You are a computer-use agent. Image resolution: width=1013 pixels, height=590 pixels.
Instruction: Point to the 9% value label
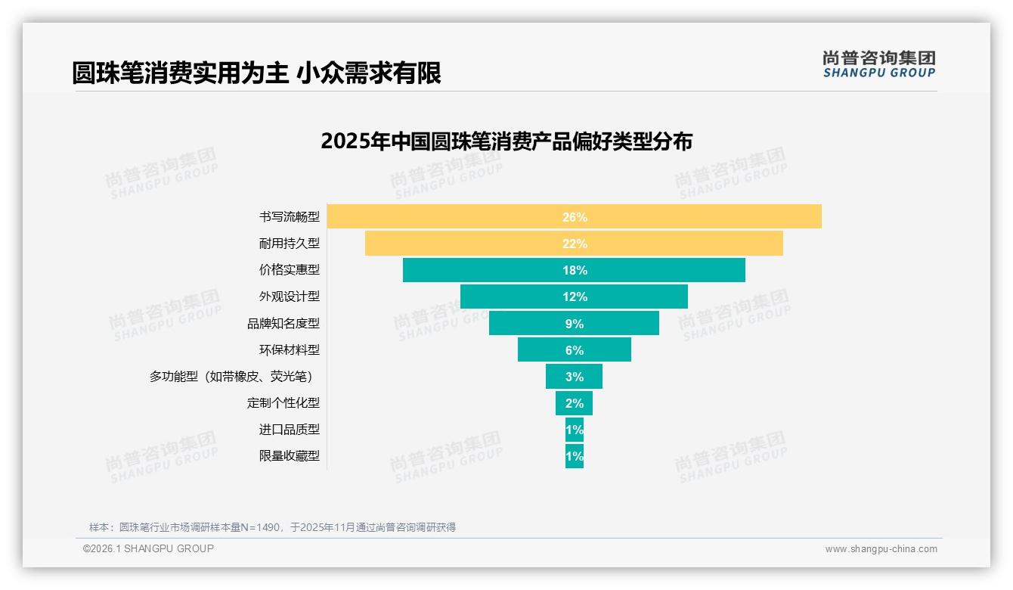tap(574, 324)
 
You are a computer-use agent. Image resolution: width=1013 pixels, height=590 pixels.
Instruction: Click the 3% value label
tap(574, 377)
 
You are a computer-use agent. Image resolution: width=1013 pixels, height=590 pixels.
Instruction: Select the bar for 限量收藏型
tap(575, 456)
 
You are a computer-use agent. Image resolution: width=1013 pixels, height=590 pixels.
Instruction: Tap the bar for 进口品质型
tap(575, 430)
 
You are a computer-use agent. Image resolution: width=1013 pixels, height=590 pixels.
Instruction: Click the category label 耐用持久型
tap(289, 244)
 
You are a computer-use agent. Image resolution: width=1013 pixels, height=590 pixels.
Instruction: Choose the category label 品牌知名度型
tap(283, 323)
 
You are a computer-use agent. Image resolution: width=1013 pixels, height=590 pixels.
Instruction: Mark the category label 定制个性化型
tap(283, 402)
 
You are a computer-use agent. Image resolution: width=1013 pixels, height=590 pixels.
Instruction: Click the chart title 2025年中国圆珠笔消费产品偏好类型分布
tap(506, 141)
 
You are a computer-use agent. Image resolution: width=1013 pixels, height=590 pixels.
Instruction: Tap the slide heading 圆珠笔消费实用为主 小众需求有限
tap(256, 73)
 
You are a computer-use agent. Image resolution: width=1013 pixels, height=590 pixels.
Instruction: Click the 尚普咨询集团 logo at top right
tap(878, 64)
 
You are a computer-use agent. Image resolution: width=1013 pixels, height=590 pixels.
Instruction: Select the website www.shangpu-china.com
tap(881, 549)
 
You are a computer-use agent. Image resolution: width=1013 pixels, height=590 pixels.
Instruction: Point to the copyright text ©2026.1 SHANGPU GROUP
tap(148, 548)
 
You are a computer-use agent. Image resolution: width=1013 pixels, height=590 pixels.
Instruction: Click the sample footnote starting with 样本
tap(272, 527)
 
